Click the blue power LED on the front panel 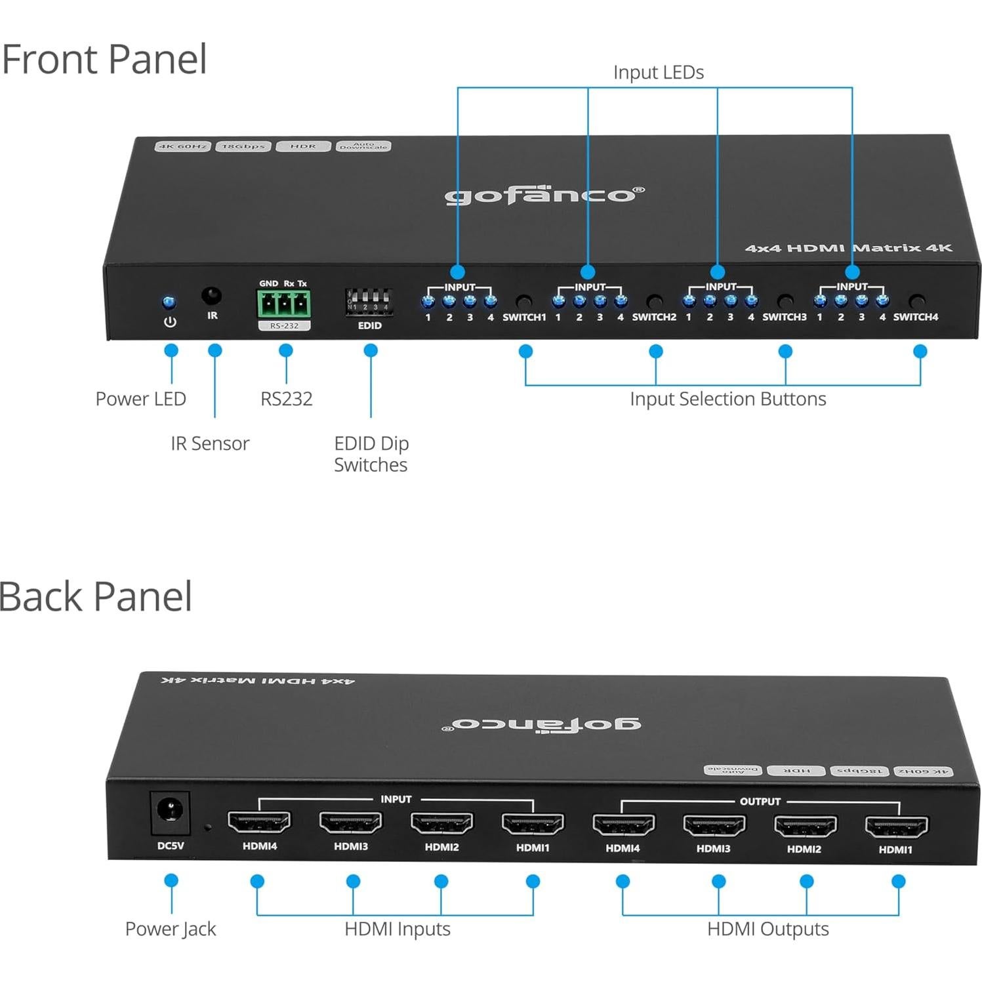tap(169, 302)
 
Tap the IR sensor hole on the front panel tap(211, 296)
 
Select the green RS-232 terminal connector tap(284, 304)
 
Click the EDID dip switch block tap(369, 302)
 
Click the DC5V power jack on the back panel tap(170, 811)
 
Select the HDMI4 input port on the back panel tap(259, 822)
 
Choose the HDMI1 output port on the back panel tap(896, 827)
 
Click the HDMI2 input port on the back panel tap(441, 823)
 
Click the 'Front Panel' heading tap(104, 59)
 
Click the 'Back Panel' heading tap(96, 596)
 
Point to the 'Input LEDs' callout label tap(658, 72)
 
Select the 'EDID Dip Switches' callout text tap(371, 454)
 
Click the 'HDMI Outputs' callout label tap(767, 929)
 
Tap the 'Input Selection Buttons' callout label tap(727, 399)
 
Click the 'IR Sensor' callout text tap(210, 443)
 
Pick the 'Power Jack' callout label tap(171, 929)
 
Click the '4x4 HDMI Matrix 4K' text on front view tap(848, 248)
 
